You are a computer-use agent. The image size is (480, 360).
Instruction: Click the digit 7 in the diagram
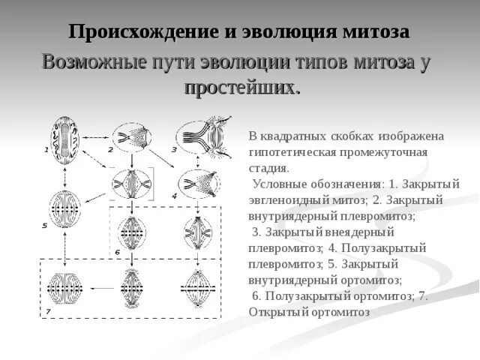pos(47,311)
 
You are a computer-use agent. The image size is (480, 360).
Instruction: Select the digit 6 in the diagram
pos(117,252)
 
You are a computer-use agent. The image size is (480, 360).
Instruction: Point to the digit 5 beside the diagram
pos(44,225)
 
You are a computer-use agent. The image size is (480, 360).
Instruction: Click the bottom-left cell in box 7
pos(66,289)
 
